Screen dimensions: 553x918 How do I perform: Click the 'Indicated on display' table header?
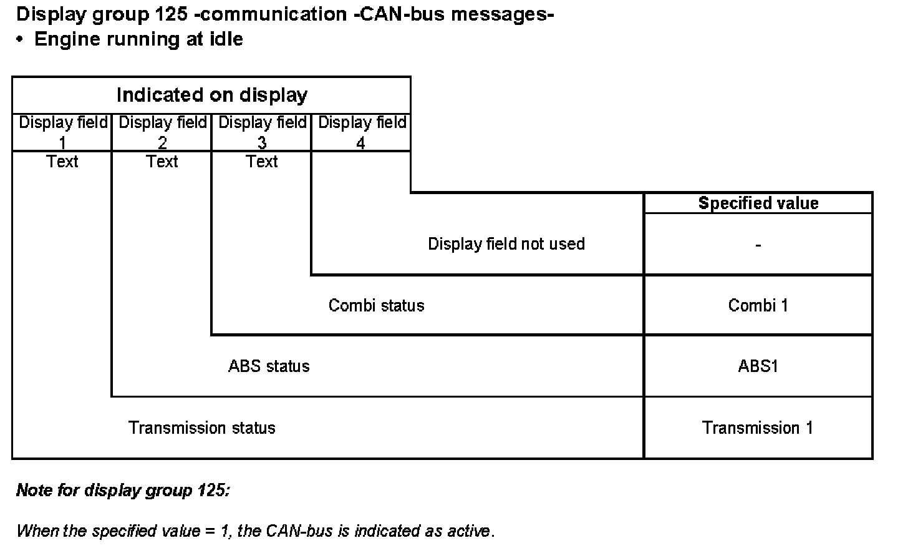point(211,95)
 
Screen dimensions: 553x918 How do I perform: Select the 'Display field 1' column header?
point(62,132)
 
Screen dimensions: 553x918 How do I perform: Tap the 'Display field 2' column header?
point(162,132)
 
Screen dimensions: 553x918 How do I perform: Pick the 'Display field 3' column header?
point(262,132)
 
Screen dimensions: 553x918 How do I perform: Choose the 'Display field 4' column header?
point(362,132)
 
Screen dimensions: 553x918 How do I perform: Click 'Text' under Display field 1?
point(62,162)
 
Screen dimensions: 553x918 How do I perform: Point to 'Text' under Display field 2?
point(162,162)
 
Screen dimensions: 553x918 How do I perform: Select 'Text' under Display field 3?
point(262,162)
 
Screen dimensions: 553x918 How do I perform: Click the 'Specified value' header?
point(758,203)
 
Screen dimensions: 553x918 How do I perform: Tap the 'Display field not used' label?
point(506,243)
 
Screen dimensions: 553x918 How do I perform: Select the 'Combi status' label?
point(376,305)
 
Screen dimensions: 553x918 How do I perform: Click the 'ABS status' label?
point(269,366)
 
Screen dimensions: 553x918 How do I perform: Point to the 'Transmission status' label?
point(201,428)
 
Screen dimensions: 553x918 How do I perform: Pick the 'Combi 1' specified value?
point(758,305)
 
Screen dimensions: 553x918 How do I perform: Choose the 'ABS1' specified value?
point(758,366)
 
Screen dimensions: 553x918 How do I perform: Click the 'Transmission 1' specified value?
point(758,428)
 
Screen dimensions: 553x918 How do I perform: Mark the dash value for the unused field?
point(758,245)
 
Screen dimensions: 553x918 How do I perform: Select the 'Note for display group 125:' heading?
point(123,490)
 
